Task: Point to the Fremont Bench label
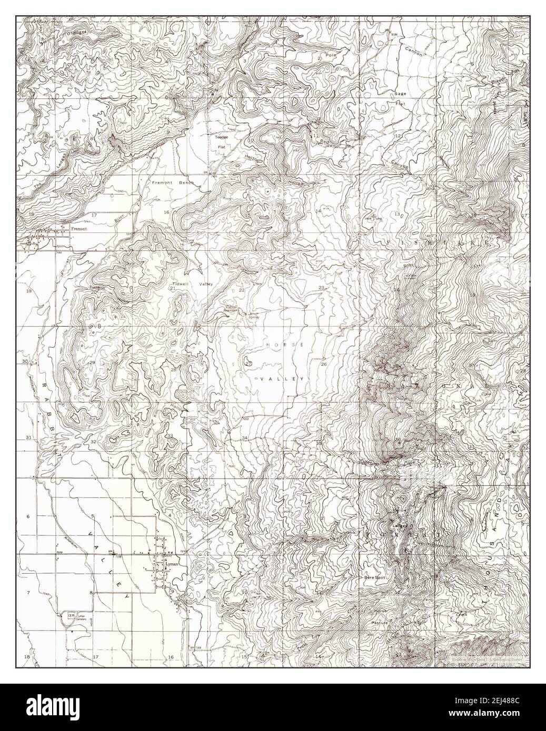(173, 182)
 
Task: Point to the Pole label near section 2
(330, 55)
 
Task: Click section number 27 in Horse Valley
(248, 363)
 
